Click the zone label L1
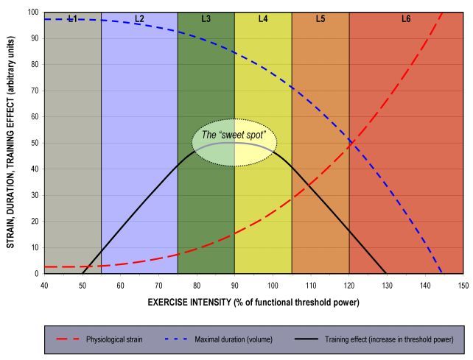pos(72,18)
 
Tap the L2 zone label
pos(139,18)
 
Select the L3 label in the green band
pos(206,18)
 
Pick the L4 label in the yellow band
pos(263,18)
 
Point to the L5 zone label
pos(320,18)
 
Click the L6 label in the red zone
pos(406,18)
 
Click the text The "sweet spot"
pos(234,135)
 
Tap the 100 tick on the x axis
pos(273,284)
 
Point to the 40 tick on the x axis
pos(44,284)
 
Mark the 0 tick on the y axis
pos(37,273)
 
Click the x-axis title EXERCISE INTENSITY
pos(253,301)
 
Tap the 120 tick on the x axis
pos(349,284)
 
